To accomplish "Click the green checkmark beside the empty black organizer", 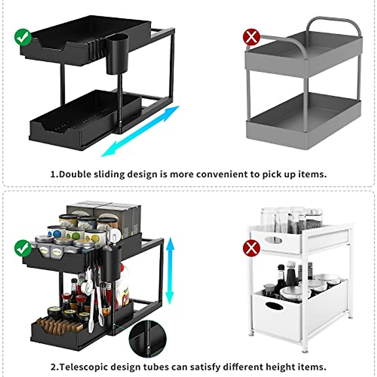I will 23,37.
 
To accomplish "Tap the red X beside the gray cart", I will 251,37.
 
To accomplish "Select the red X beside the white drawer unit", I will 251,249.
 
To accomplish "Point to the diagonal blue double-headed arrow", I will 140,131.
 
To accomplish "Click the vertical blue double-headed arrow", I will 170,271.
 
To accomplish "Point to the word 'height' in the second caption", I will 281,367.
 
